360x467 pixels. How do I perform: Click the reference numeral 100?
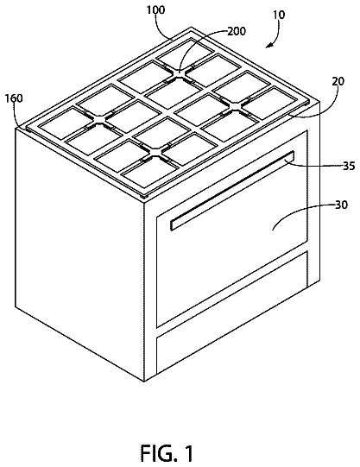point(155,9)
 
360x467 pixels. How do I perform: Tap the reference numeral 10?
point(279,15)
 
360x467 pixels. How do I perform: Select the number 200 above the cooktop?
point(237,31)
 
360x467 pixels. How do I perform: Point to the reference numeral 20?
point(338,81)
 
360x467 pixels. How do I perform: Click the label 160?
point(14,98)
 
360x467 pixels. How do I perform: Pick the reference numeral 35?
point(349,166)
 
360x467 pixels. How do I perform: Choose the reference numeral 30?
point(341,205)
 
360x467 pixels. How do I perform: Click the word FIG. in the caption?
point(158,453)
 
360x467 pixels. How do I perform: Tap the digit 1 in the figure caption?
point(187,453)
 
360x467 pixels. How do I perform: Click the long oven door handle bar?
point(232,191)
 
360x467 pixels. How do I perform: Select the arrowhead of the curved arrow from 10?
point(268,45)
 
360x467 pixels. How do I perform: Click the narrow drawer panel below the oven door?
point(232,312)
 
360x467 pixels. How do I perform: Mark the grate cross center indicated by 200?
point(180,73)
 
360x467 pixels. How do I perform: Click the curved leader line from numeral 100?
point(162,28)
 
